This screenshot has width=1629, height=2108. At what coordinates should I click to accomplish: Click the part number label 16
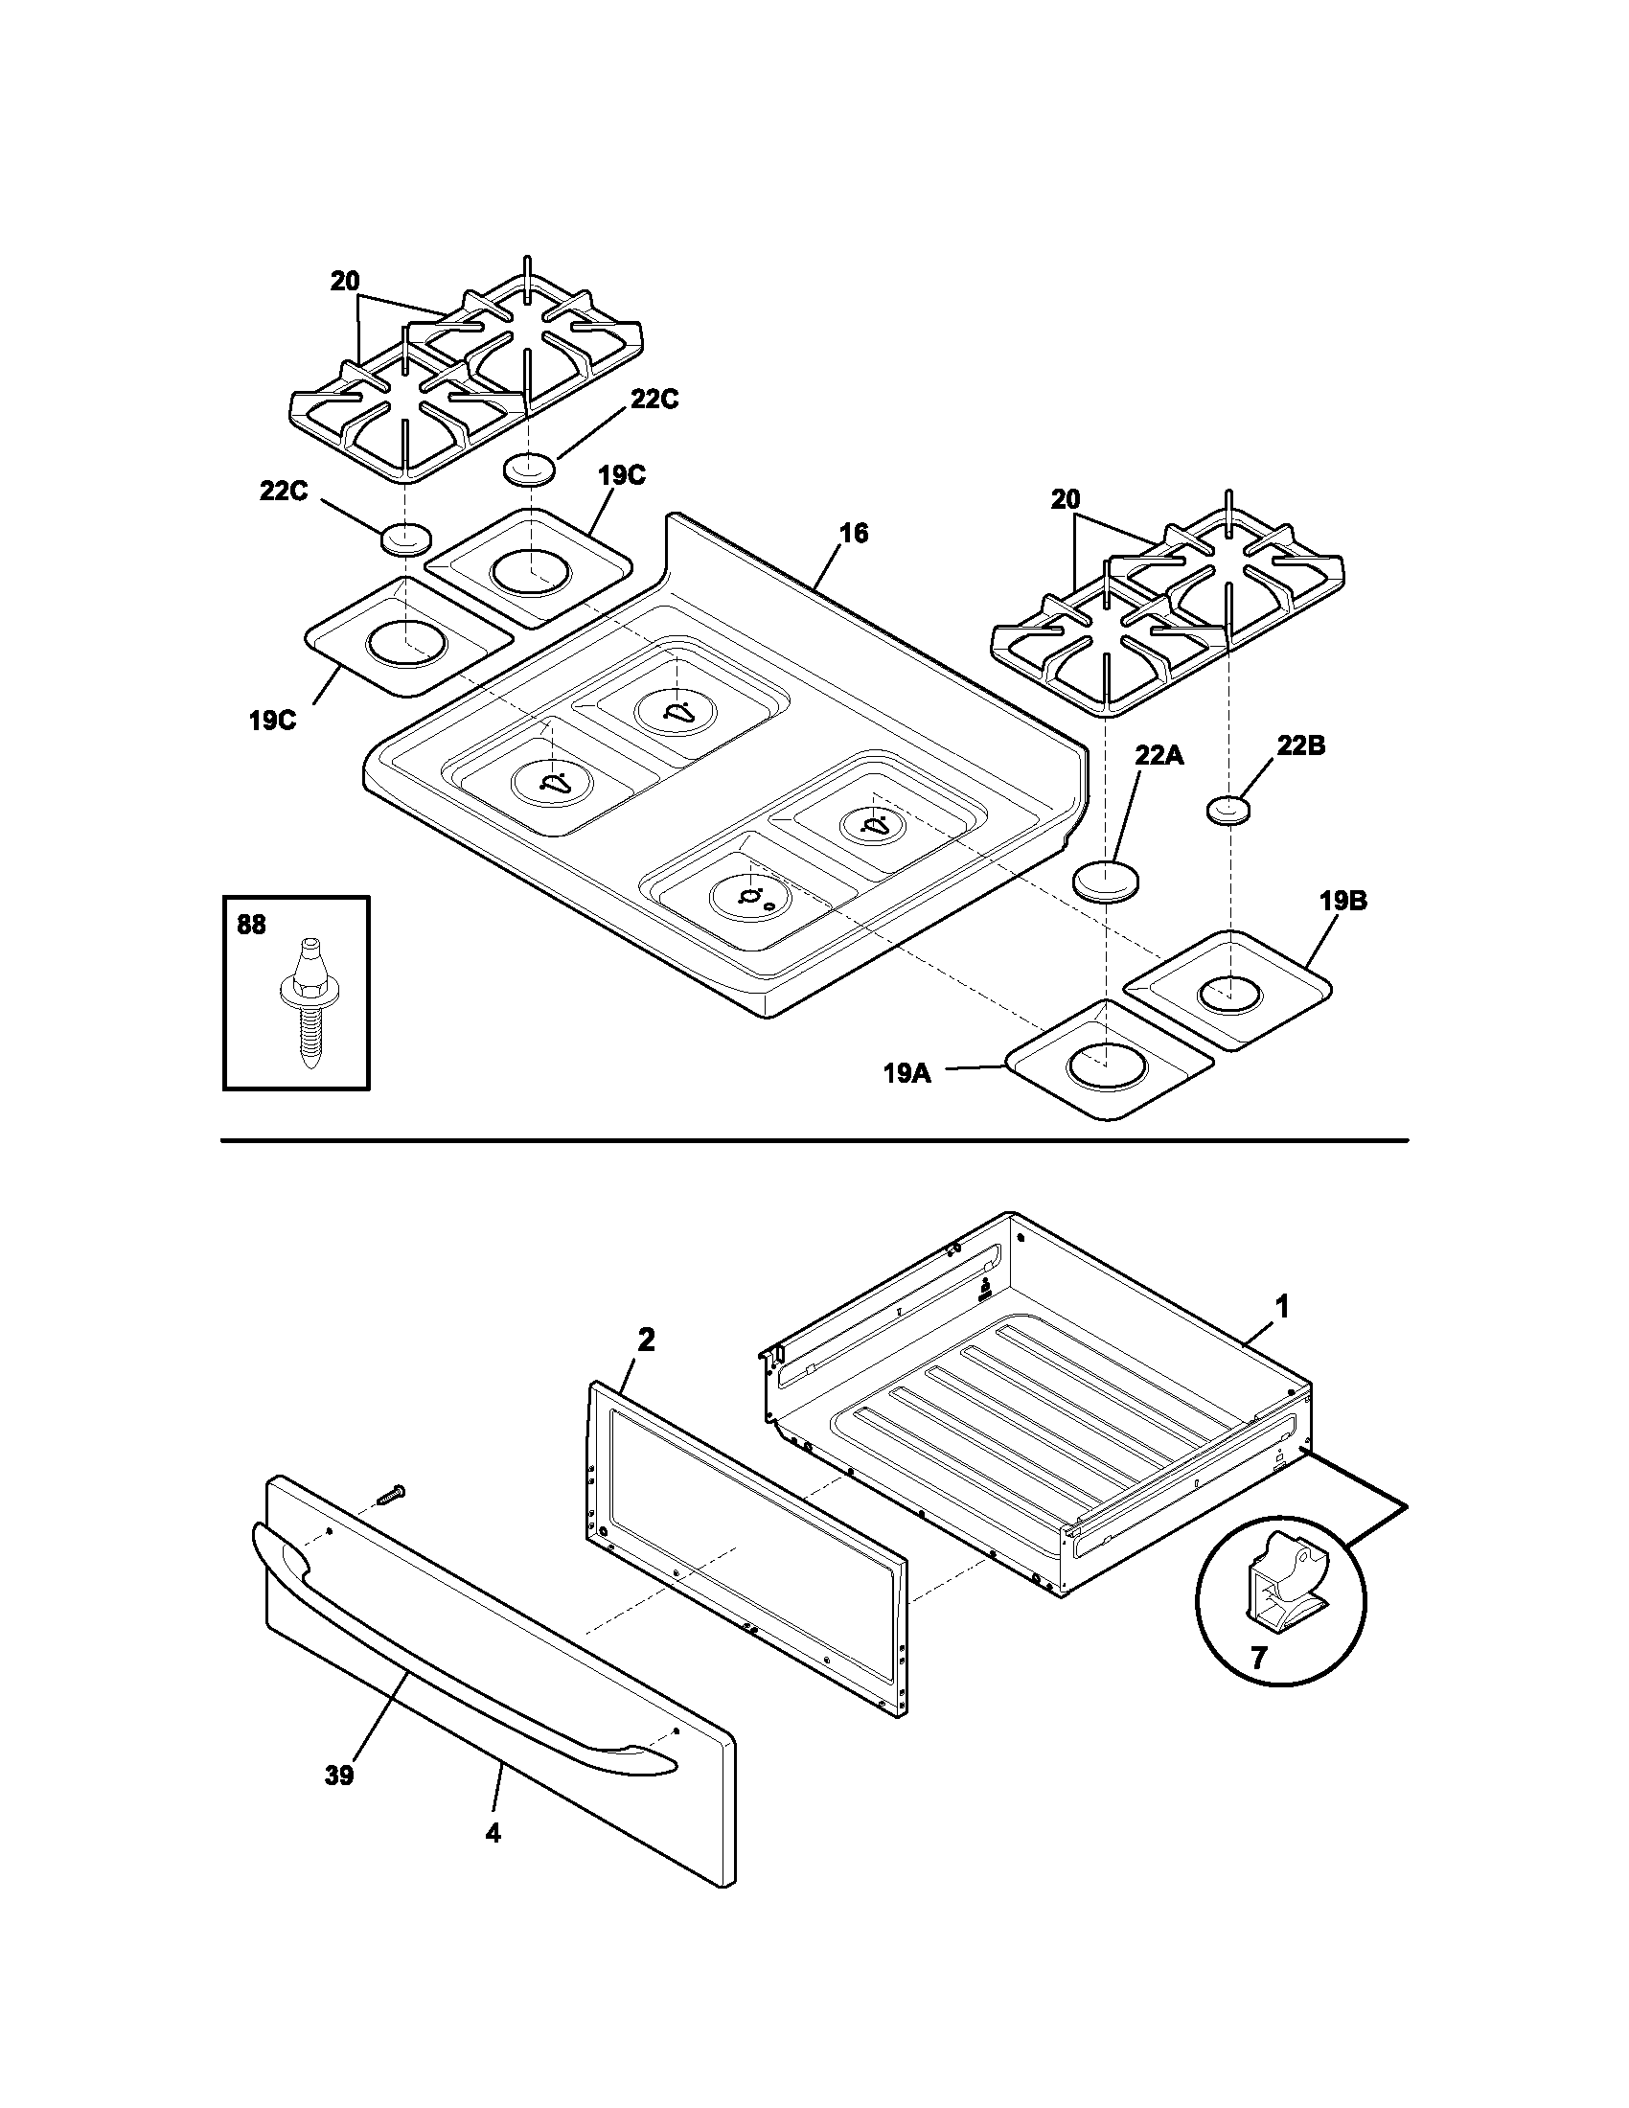point(853,533)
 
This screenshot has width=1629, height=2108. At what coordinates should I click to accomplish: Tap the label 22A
point(1159,755)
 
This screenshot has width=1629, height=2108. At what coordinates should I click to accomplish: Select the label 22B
point(1301,745)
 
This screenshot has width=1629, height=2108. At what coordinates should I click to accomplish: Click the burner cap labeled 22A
point(1106,882)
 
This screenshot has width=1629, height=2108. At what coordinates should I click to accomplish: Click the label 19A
point(907,1072)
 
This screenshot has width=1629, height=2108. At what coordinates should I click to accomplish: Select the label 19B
point(1343,902)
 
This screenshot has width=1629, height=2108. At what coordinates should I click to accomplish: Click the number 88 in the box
point(251,925)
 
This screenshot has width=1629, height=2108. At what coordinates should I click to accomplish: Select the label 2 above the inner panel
point(646,1340)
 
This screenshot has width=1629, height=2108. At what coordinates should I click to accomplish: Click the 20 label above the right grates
point(1066,500)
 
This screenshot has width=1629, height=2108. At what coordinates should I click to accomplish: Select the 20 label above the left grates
point(345,281)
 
